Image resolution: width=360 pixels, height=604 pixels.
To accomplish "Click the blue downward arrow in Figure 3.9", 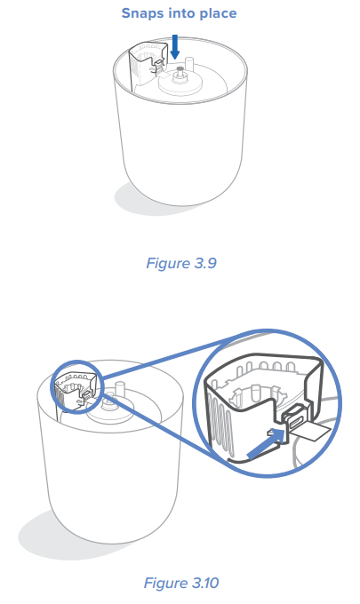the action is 175,46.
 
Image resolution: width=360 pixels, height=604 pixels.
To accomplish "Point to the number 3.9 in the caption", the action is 205,263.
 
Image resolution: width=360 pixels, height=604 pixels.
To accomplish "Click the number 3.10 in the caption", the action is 205,583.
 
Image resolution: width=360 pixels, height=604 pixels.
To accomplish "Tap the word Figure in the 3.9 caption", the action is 168,264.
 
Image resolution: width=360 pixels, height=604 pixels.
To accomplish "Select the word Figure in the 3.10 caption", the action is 165,584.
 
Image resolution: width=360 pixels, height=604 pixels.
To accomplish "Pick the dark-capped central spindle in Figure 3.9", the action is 180,73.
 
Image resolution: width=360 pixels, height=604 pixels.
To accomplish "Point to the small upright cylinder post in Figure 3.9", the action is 189,65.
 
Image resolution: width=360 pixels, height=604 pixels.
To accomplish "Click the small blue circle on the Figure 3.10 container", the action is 77,386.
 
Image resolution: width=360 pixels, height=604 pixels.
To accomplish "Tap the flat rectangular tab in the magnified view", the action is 310,431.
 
